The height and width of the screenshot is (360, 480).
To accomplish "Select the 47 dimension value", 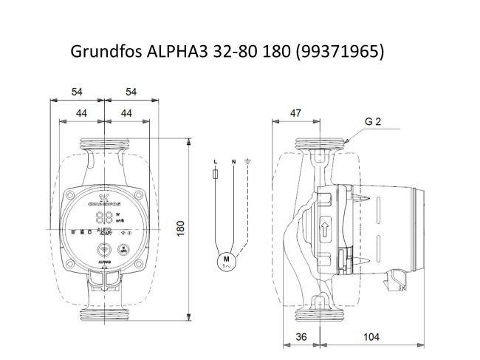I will pyautogui.click(x=295, y=112).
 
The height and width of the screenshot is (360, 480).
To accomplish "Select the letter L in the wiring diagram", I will pyautogui.click(x=214, y=161).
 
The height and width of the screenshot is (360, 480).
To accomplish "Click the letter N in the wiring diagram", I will pyautogui.click(x=233, y=161).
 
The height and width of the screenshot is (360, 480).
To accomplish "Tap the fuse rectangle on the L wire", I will pyautogui.click(x=214, y=175).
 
